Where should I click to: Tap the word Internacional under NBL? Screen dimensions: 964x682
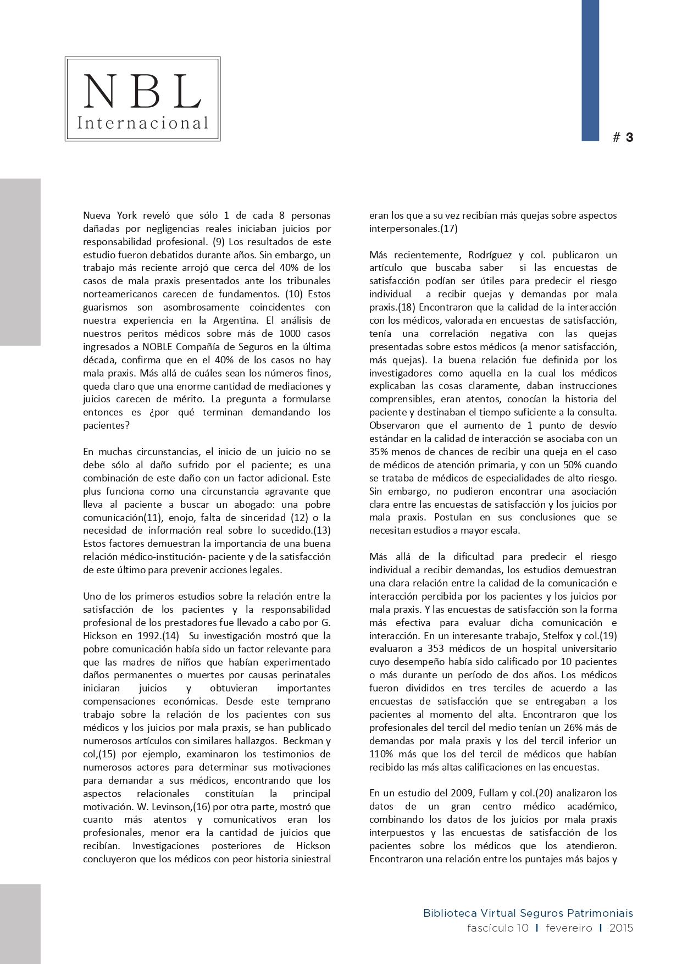tap(143, 123)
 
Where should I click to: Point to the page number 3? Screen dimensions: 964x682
tap(629, 137)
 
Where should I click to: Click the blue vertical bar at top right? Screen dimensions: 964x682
tap(590, 70)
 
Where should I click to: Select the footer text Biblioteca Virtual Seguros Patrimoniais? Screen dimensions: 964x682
tap(528, 913)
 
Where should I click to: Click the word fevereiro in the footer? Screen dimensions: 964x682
tap(569, 928)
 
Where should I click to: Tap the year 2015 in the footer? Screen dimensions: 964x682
tap(621, 928)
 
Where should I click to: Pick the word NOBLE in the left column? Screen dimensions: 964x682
tap(142, 347)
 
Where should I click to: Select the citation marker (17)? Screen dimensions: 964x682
tap(448, 229)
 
